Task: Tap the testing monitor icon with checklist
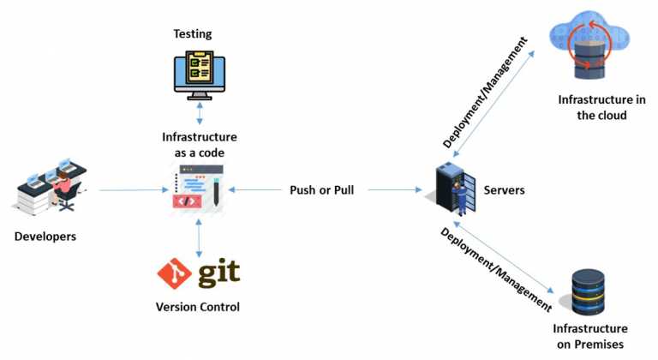[x=199, y=74]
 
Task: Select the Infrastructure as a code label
[x=199, y=144]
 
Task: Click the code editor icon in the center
[x=199, y=189]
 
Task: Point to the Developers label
[x=45, y=236]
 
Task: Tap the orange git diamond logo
[x=174, y=273]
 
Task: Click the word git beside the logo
[x=218, y=273]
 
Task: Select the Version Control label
[x=198, y=307]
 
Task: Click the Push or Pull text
[x=321, y=189]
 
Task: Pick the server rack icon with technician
[x=453, y=189]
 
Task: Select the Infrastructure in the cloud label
[x=592, y=107]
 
